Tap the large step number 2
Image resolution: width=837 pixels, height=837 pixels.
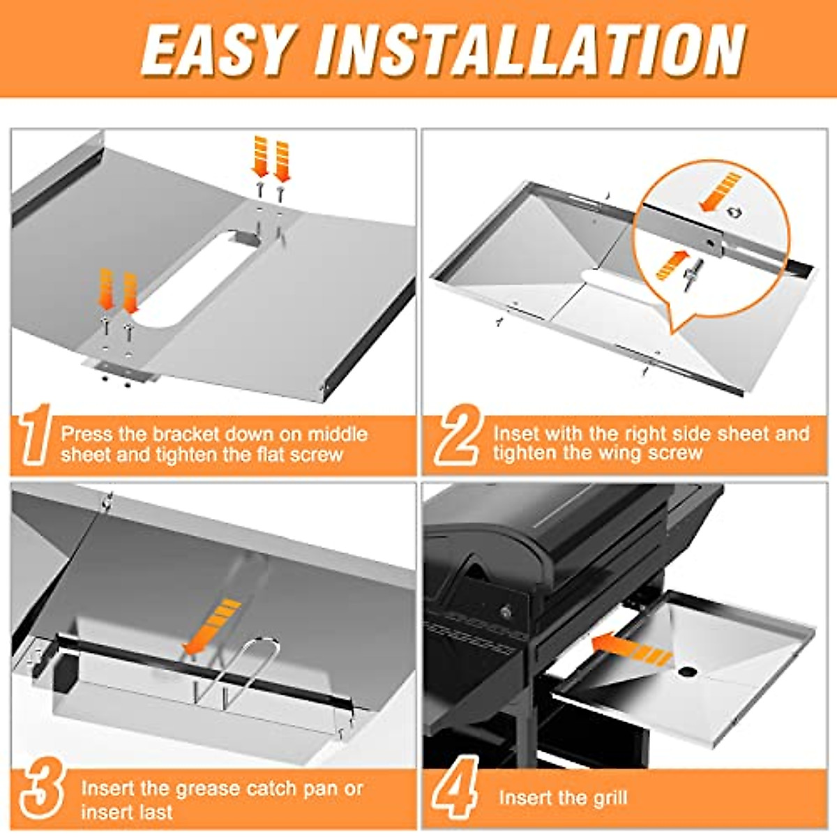point(457,438)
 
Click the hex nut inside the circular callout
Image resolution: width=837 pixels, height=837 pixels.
point(734,211)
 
